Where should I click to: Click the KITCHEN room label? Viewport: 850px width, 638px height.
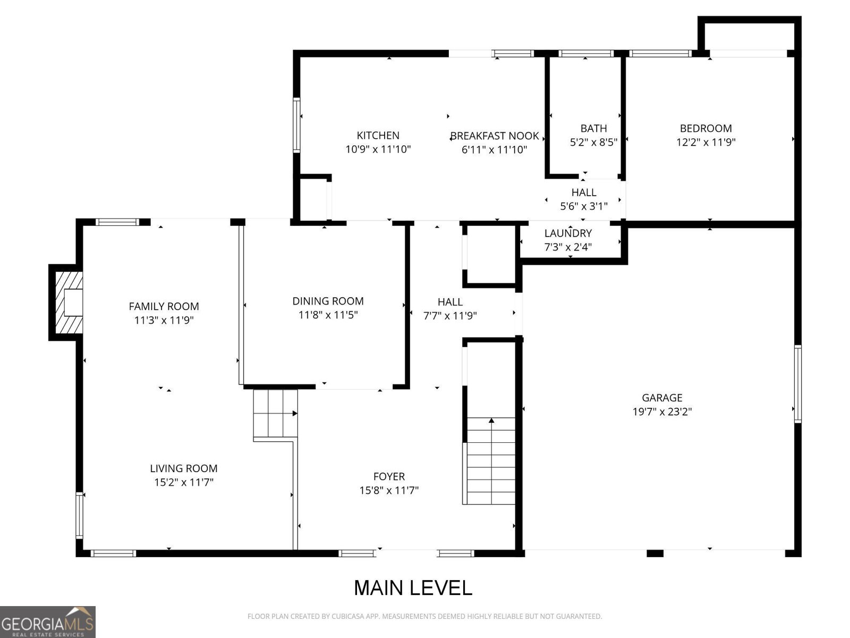pyautogui.click(x=378, y=136)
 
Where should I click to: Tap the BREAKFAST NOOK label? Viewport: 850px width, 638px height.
pyautogui.click(x=495, y=136)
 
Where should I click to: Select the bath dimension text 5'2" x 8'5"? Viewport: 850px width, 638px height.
pyautogui.click(x=593, y=142)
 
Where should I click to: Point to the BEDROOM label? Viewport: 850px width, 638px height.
pyautogui.click(x=705, y=128)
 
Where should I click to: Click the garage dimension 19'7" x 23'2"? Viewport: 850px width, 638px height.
pyautogui.click(x=661, y=412)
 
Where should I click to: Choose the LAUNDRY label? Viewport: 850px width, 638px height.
pyautogui.click(x=568, y=233)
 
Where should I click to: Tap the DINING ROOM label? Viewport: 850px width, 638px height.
pyautogui.click(x=328, y=301)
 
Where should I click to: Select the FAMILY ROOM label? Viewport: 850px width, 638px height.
pyautogui.click(x=164, y=306)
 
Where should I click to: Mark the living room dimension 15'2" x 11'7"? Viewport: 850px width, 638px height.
pyautogui.click(x=183, y=482)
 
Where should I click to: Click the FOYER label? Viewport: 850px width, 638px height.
pyautogui.click(x=389, y=476)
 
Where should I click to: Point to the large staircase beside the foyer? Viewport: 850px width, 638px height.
pyautogui.click(x=490, y=460)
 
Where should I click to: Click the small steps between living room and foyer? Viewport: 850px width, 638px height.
pyautogui.click(x=275, y=413)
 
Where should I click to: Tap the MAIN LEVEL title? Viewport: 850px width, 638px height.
pyautogui.click(x=413, y=588)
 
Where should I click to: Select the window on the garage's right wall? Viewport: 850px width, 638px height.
pyautogui.click(x=797, y=383)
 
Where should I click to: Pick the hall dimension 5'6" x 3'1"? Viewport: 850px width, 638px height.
pyautogui.click(x=583, y=206)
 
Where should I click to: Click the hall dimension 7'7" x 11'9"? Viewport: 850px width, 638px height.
pyautogui.click(x=449, y=316)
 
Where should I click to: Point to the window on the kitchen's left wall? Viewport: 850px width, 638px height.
pyautogui.click(x=296, y=125)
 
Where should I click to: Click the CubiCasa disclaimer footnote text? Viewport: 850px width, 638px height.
pyautogui.click(x=424, y=616)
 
